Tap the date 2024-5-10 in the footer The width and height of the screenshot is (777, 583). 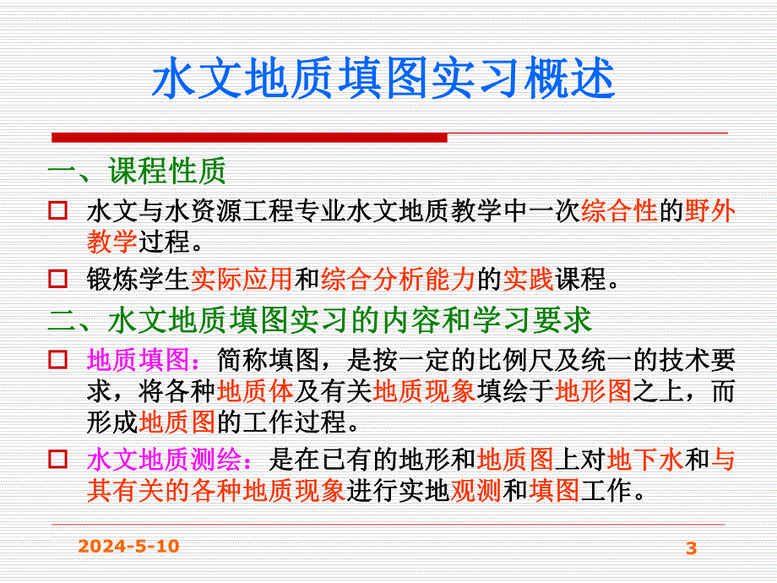[128, 547]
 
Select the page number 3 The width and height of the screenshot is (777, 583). [692, 548]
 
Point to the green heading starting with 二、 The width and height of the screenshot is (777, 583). [320, 320]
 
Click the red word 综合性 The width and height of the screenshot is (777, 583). [620, 212]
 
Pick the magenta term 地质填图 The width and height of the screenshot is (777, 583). [139, 360]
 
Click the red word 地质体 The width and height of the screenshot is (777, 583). [256, 391]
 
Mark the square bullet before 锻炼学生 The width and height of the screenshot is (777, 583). [58, 278]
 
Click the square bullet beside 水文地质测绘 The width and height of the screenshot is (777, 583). [58, 460]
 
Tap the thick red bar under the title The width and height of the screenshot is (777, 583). [250, 137]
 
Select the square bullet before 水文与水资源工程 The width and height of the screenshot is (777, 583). [58, 211]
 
